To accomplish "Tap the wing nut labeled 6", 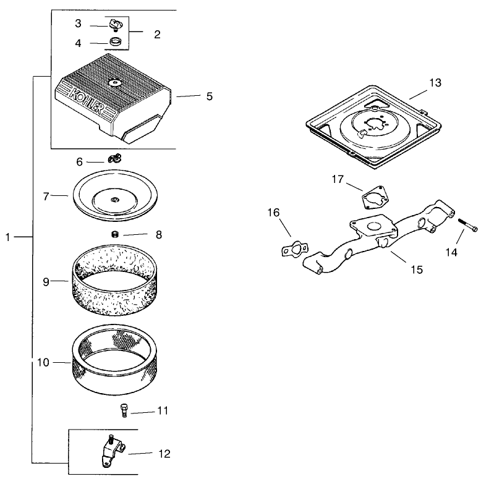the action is [115, 159].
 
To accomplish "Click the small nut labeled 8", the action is [115, 235].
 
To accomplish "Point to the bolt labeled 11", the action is [124, 410].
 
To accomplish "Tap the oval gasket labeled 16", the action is [295, 249].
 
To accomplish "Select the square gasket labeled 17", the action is [375, 197].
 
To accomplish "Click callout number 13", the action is [435, 83].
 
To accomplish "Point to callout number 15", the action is [417, 269].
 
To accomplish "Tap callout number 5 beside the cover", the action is [210, 96].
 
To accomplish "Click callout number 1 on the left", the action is [8, 237].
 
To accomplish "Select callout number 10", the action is [43, 362].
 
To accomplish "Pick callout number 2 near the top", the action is [157, 35].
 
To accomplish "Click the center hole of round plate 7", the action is [115, 200].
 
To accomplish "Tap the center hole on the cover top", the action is [115, 82].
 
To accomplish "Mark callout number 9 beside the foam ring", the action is [46, 282].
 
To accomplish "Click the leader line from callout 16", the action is [284, 227].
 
